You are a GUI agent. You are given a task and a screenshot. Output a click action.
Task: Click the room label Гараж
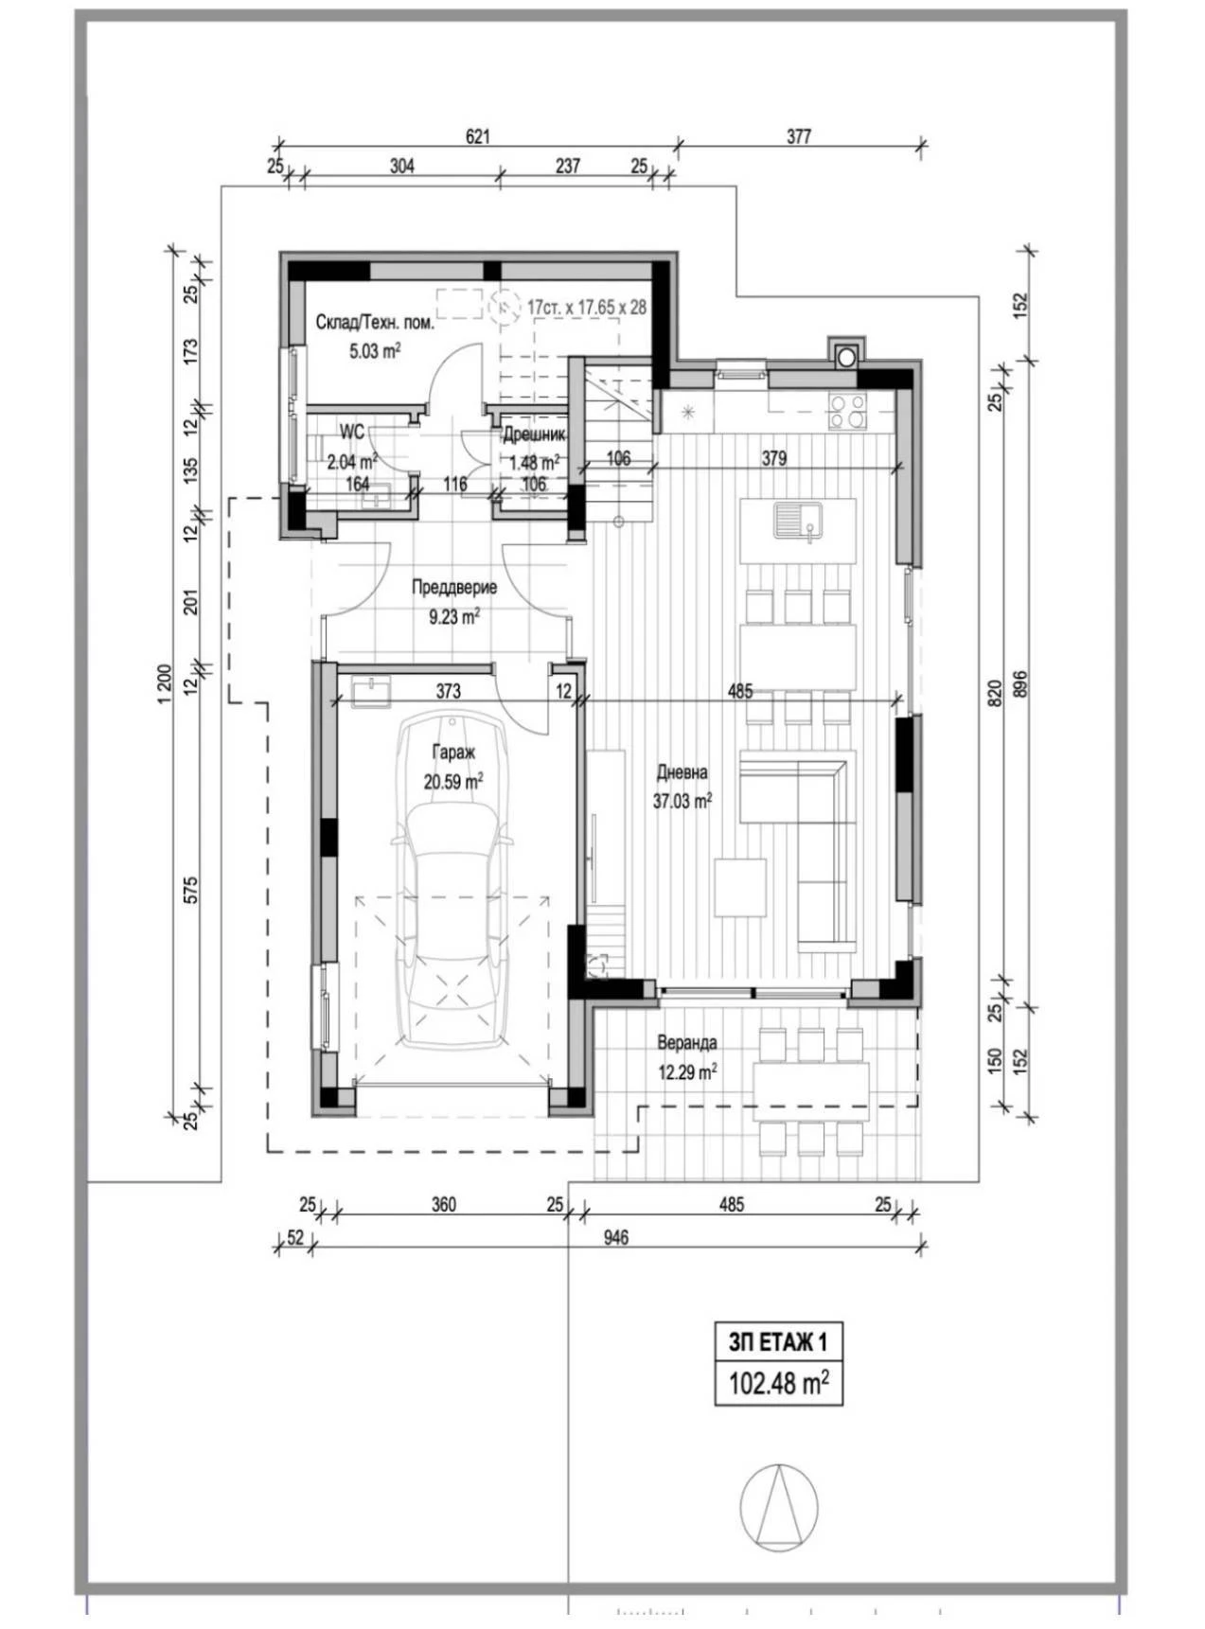[x=453, y=753]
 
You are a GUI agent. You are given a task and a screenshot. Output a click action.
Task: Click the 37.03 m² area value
[x=682, y=801]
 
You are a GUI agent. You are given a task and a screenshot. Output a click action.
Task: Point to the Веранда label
[x=686, y=1042]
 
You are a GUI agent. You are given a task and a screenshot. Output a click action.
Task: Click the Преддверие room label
[x=454, y=588]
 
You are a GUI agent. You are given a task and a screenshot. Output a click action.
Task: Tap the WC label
[x=352, y=433]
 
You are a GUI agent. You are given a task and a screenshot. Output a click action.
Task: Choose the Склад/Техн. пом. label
[x=375, y=323]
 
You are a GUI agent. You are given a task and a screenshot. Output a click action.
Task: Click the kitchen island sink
[x=798, y=520]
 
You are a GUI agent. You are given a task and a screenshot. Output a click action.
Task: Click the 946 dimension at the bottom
[x=615, y=1237]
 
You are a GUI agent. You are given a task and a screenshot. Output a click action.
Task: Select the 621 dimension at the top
[x=478, y=136]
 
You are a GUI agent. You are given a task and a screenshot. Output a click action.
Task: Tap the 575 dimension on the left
[x=190, y=890]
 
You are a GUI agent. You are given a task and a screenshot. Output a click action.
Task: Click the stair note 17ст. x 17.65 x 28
[x=587, y=308]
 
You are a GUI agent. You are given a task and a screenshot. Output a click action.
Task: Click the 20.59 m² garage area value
[x=453, y=782]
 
